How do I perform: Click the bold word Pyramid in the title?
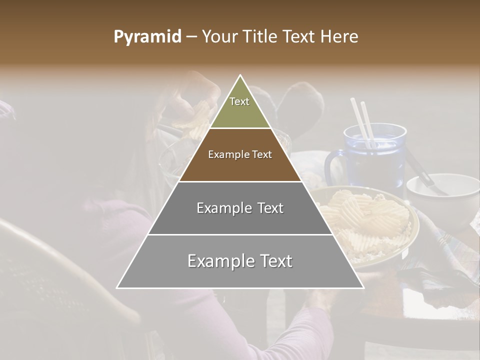coord(147,37)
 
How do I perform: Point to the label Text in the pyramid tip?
coord(239,101)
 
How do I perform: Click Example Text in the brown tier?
coord(240,155)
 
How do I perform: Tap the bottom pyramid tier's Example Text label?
coord(240,261)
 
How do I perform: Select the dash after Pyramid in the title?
coord(190,37)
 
